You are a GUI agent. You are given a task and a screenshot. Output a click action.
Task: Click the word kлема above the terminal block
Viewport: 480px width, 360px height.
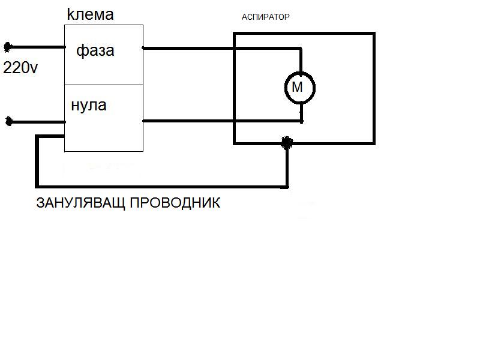coord(90,14)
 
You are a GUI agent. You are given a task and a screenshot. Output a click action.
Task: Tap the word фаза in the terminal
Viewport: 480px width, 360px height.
coord(95,51)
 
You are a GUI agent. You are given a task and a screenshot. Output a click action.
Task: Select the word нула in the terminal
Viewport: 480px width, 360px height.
coord(89,106)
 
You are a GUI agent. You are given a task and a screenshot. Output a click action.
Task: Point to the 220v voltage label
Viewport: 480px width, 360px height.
coord(20,68)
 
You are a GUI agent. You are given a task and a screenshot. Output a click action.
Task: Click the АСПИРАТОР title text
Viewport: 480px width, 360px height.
coord(265,17)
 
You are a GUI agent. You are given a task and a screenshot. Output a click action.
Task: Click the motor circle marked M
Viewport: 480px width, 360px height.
coord(299,88)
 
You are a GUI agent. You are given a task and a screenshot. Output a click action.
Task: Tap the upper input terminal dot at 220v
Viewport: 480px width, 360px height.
coord(8,47)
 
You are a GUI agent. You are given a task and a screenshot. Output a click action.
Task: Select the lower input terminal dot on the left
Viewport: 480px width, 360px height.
coord(8,122)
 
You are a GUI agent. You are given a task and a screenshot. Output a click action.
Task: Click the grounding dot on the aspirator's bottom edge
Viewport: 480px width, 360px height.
coord(287,142)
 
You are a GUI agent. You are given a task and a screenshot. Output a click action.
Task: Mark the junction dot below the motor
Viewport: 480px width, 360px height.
coord(301,121)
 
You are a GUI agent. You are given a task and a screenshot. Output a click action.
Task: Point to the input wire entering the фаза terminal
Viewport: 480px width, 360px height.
coord(36,47)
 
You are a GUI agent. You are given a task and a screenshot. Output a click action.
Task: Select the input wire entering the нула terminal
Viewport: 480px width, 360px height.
coord(36,122)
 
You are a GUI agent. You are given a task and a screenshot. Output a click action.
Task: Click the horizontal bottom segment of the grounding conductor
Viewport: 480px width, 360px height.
coord(162,185)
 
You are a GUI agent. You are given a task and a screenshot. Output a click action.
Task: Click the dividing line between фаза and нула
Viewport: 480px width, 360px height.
coord(103,85)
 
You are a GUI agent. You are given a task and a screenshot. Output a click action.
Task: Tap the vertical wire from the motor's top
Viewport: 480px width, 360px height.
coord(301,60)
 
